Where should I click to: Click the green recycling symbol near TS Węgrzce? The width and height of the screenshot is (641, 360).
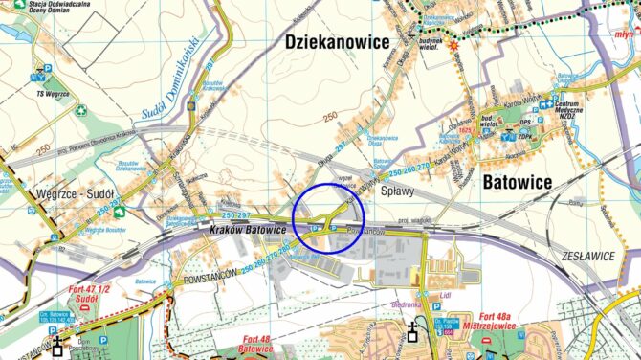pos(81,110)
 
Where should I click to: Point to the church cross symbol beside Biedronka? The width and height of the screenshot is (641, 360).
pos(412,331)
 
